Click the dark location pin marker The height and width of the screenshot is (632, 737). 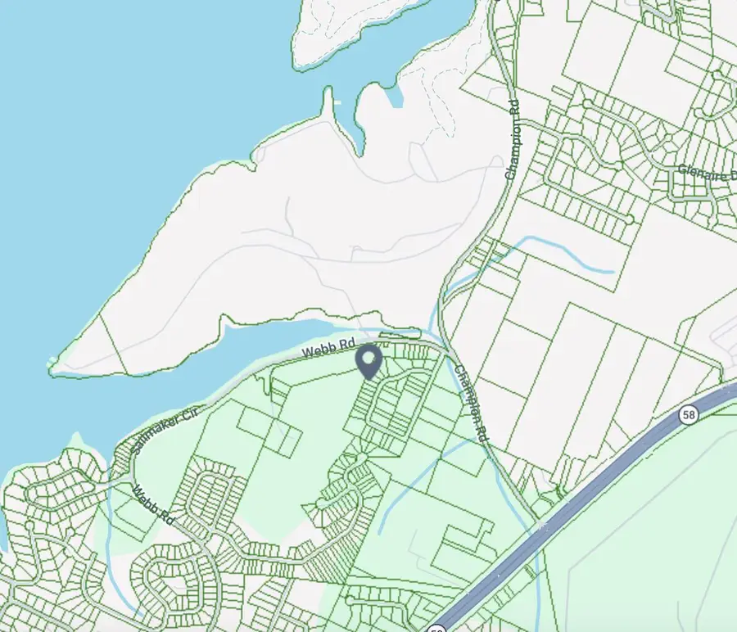coord(370,361)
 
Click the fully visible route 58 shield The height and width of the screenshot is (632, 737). coord(690,416)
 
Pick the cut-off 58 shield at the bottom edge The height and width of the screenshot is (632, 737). coord(436,627)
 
